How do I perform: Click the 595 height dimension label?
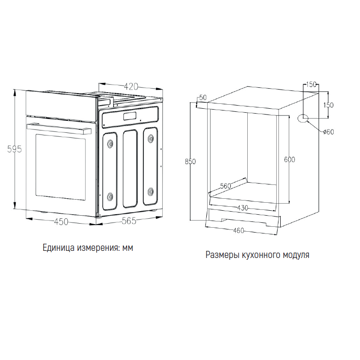pyautogui.click(x=14, y=149)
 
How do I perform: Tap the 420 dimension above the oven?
pyautogui.click(x=131, y=86)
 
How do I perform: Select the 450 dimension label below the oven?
pyautogui.click(x=61, y=221)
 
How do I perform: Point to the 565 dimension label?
pyautogui.click(x=129, y=221)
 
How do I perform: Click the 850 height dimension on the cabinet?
pyautogui.click(x=190, y=162)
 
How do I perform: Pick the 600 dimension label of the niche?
pyautogui.click(x=290, y=160)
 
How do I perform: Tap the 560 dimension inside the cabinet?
pyautogui.click(x=226, y=186)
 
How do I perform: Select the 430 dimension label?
pyautogui.click(x=243, y=208)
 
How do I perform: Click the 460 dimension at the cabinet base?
pyautogui.click(x=238, y=230)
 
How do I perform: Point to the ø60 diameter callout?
pyautogui.click(x=328, y=132)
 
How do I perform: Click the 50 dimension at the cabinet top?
pyautogui.click(x=203, y=98)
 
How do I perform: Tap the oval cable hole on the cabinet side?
pyautogui.click(x=303, y=118)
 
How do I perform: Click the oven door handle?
pyautogui.click(x=59, y=129)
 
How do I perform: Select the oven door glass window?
pyautogui.click(x=61, y=167)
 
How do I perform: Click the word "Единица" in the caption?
pyautogui.click(x=58, y=248)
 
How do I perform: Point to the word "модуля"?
pyautogui.click(x=296, y=255)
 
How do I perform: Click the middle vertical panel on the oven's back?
pyautogui.click(x=130, y=169)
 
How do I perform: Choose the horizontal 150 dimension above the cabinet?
pyautogui.click(x=311, y=85)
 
